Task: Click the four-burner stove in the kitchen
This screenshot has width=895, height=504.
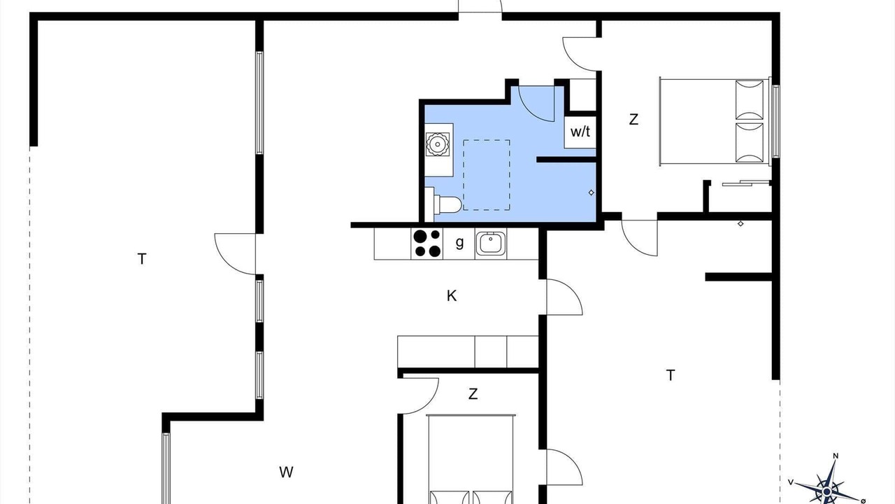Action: (x=427, y=244)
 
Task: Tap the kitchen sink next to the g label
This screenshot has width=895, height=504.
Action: (x=491, y=243)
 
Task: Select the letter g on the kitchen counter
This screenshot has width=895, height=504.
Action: (x=459, y=242)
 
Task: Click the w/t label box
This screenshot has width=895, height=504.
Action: (x=580, y=132)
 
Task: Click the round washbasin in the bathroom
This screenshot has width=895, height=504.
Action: (x=438, y=144)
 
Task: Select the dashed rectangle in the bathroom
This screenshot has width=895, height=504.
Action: (x=487, y=175)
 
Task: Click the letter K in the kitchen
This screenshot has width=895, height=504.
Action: (x=452, y=296)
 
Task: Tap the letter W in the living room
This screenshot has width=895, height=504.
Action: (x=286, y=472)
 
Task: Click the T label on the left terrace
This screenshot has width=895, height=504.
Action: (x=142, y=259)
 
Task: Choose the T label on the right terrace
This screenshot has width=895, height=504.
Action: (x=671, y=375)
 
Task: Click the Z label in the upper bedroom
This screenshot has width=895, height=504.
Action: (x=633, y=120)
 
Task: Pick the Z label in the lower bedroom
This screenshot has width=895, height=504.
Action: (x=473, y=394)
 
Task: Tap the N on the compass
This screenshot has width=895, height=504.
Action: (x=836, y=456)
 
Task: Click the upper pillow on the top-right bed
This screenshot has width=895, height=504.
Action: (x=750, y=100)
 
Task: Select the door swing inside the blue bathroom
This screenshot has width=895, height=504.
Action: (x=536, y=104)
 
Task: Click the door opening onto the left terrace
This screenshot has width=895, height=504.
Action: (x=236, y=254)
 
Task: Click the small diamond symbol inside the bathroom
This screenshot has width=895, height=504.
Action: (x=592, y=192)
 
